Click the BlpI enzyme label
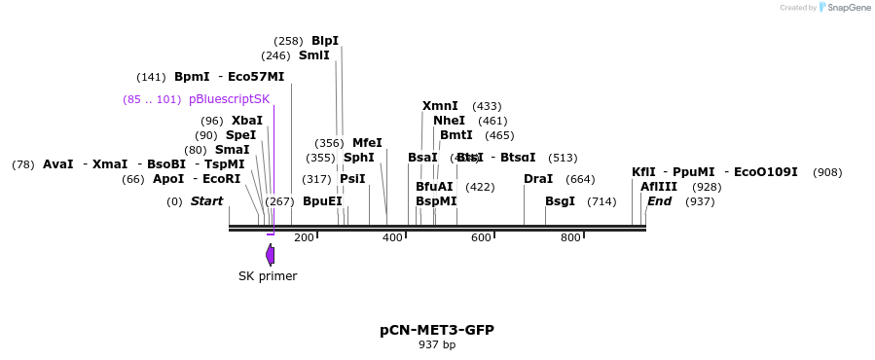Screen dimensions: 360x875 pyautogui.click(x=325, y=41)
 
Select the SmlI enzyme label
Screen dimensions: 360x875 pyautogui.click(x=313, y=55)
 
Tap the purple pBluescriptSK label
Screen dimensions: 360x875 pyautogui.click(x=229, y=99)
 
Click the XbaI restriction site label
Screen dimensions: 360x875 pyautogui.click(x=246, y=121)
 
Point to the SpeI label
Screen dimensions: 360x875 pyautogui.click(x=240, y=135)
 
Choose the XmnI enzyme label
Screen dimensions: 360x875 pyautogui.click(x=440, y=106)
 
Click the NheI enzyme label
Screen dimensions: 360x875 pyautogui.click(x=449, y=121)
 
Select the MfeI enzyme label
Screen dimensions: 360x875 pyautogui.click(x=367, y=143)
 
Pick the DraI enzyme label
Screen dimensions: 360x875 pyautogui.click(x=538, y=179)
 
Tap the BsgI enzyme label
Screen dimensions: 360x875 pyautogui.click(x=560, y=201)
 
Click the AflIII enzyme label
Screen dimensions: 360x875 pyautogui.click(x=659, y=187)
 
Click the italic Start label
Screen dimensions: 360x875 pyautogui.click(x=206, y=201)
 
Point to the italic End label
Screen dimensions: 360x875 pyautogui.click(x=659, y=201)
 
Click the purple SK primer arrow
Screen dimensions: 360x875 pyautogui.click(x=270, y=255)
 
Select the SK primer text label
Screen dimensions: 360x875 pyautogui.click(x=268, y=276)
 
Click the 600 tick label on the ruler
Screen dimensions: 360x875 pyautogui.click(x=481, y=237)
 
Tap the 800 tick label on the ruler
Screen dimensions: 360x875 pyautogui.click(x=570, y=237)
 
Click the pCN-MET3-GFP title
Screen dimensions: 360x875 pyautogui.click(x=437, y=330)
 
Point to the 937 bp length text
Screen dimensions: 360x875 pyautogui.click(x=437, y=344)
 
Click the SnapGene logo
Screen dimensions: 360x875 pyautogui.click(x=845, y=8)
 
